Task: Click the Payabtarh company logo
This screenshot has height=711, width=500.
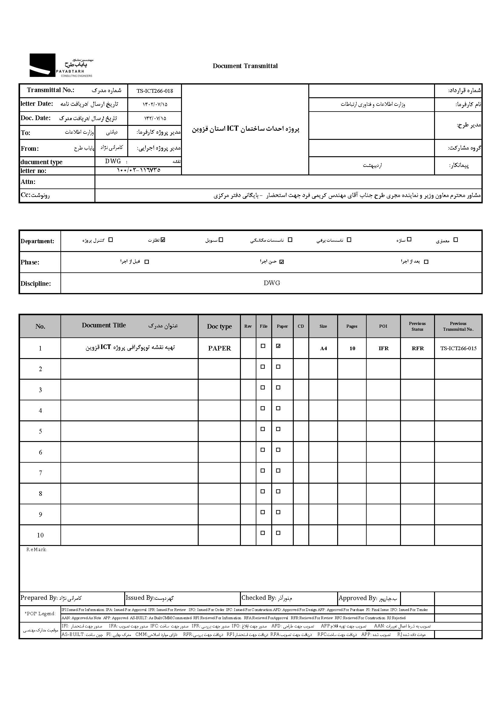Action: (61, 65)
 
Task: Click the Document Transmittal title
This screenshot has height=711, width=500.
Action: (245, 66)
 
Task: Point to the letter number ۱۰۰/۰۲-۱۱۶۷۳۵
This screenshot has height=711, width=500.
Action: (139, 170)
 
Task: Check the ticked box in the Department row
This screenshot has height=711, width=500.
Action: (163, 240)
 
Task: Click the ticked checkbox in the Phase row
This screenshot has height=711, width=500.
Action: (282, 262)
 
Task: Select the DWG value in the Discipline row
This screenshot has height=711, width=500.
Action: (272, 283)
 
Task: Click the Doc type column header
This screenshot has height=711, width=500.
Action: (219, 326)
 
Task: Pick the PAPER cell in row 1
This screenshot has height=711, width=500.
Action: (219, 348)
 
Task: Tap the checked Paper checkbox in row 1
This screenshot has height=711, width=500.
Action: (278, 346)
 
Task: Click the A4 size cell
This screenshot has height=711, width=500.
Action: (323, 349)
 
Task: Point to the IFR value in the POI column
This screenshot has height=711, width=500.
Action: (383, 349)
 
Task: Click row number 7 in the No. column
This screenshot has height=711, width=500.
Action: (40, 473)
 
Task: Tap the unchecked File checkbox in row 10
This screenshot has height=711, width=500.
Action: (263, 533)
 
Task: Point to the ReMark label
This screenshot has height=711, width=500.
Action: (36, 550)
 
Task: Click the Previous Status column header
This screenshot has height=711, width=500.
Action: (417, 326)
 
